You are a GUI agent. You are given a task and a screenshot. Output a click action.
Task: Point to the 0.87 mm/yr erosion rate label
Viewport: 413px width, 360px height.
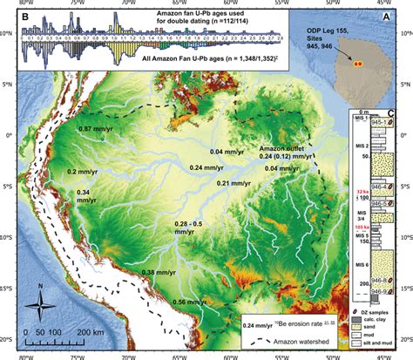pyautogui.click(x=97, y=129)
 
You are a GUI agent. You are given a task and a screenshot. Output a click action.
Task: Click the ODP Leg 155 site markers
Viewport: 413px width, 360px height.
pyautogui.click(x=356, y=64)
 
